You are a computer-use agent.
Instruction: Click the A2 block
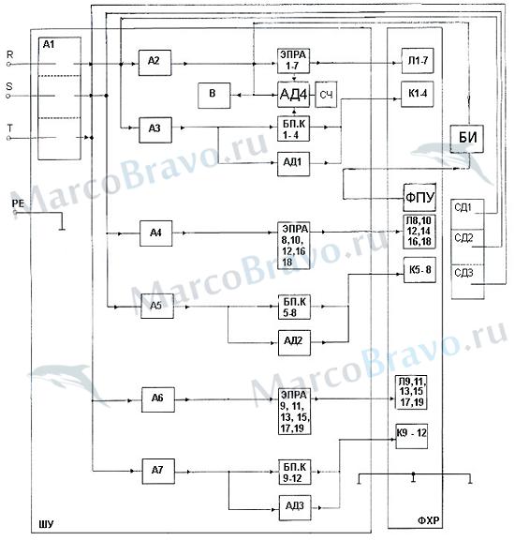click(154, 63)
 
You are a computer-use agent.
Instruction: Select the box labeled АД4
click(293, 94)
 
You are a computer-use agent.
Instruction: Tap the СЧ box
click(326, 95)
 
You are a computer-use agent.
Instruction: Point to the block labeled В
click(213, 96)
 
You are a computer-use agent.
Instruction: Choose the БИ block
click(466, 139)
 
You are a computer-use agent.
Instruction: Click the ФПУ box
click(419, 197)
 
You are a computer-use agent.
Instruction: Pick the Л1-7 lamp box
click(418, 61)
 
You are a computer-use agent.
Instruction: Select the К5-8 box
click(419, 270)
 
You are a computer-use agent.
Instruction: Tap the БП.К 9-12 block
click(294, 472)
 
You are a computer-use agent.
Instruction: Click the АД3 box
click(295, 507)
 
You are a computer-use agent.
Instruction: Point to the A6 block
click(157, 399)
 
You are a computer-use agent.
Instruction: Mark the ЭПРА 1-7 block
click(293, 61)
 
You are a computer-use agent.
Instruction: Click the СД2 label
click(463, 238)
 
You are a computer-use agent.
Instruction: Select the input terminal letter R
click(10, 54)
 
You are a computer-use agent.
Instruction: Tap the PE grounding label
click(18, 203)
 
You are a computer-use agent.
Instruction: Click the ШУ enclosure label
click(46, 524)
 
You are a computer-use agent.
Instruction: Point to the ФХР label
click(429, 520)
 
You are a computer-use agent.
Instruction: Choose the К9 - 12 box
click(412, 436)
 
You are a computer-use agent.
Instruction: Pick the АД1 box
click(293, 164)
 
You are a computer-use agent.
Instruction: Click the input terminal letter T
click(9, 128)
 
